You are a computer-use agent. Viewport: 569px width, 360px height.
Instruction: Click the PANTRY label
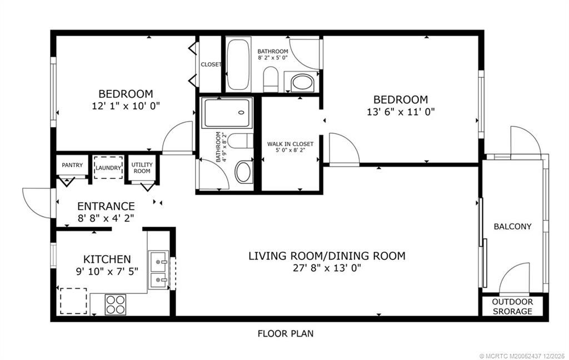pyautogui.click(x=72, y=165)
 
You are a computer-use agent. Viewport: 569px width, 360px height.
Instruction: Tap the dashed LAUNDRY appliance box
pyautogui.click(x=108, y=167)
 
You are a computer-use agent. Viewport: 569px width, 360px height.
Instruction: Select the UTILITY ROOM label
pyautogui.click(x=141, y=168)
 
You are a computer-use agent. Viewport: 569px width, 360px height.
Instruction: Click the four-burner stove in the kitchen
pyautogui.click(x=116, y=304)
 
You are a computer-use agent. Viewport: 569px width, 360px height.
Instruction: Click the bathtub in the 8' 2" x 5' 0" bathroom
pyautogui.click(x=239, y=64)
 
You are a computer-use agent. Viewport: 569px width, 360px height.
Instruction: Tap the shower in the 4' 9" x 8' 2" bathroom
pyautogui.click(x=227, y=113)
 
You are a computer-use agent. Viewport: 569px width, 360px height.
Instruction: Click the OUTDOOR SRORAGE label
pyautogui.click(x=512, y=307)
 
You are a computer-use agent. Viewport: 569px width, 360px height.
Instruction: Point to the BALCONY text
pyautogui.click(x=512, y=227)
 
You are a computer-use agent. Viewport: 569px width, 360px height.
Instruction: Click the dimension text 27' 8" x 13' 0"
pyautogui.click(x=327, y=268)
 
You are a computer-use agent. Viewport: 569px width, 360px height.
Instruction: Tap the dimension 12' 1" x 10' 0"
pyautogui.click(x=126, y=105)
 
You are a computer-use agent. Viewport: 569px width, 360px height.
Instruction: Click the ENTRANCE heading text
pyautogui.click(x=106, y=206)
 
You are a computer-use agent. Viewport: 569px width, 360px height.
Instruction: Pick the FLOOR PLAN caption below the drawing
pyautogui.click(x=286, y=334)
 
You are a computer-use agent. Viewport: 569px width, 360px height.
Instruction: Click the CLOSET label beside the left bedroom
pyautogui.click(x=211, y=64)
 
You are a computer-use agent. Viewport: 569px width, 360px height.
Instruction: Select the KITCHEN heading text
pyautogui.click(x=107, y=259)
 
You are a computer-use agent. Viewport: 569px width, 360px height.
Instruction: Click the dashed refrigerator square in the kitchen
pyautogui.click(x=73, y=301)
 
